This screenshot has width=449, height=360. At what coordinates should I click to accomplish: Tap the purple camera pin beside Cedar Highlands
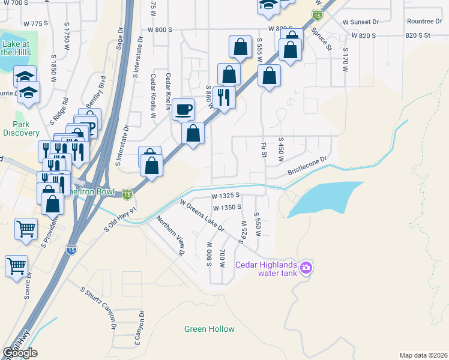(x=306, y=267)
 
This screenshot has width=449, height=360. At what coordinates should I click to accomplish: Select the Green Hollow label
(x=209, y=329)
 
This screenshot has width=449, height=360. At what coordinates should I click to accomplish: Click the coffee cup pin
(x=184, y=110)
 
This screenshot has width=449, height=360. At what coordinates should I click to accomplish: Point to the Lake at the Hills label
(x=16, y=48)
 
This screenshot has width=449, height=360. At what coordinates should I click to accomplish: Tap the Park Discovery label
(x=21, y=128)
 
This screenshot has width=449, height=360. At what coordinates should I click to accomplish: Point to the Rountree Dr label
(x=424, y=21)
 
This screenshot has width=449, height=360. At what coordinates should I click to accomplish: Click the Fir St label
(x=263, y=150)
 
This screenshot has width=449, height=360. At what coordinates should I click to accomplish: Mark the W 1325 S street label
(x=225, y=196)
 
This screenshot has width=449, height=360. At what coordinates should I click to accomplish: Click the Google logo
(x=20, y=353)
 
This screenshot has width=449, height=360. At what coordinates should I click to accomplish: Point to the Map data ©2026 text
(x=423, y=355)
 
